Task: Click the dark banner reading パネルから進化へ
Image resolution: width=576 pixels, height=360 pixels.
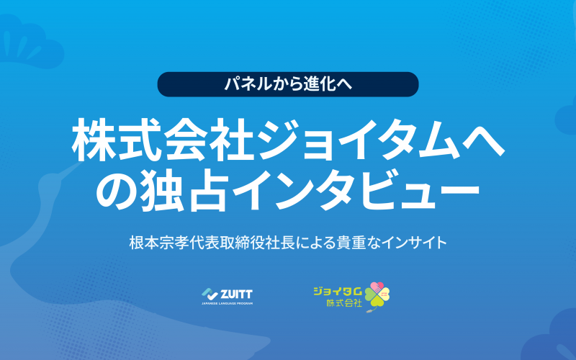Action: coord(287,84)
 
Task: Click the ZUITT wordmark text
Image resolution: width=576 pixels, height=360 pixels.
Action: coord(236,294)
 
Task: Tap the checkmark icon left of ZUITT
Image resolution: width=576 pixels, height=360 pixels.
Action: coord(210,294)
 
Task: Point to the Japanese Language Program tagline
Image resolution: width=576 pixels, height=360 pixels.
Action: coord(227,303)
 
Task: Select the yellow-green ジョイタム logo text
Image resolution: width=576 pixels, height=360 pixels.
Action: coord(338,292)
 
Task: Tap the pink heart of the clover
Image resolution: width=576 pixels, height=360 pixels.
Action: coord(377,287)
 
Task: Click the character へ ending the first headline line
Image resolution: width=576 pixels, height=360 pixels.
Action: coord(483,141)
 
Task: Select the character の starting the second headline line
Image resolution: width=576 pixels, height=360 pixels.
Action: coord(117,189)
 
